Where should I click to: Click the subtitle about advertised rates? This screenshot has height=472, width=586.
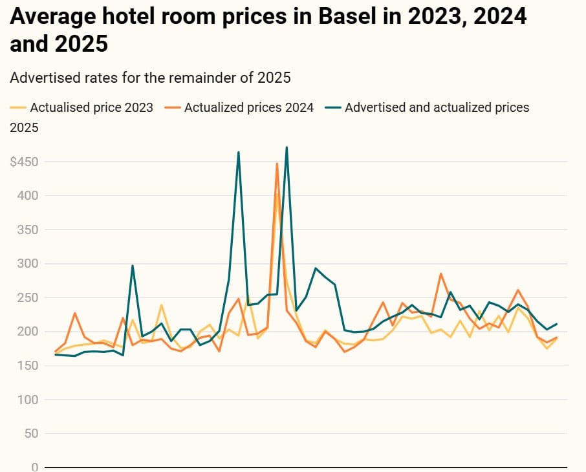coord(151,78)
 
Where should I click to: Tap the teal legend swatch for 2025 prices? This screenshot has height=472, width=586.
coord(334,107)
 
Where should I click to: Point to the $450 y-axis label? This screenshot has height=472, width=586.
coord(24,162)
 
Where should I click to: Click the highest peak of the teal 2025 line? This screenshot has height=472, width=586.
coord(287,147)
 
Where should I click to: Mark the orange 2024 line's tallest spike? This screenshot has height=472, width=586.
coord(277,164)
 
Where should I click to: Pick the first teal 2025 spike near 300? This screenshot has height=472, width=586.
coord(133,265)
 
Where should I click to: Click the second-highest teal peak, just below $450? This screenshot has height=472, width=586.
coord(239,153)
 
